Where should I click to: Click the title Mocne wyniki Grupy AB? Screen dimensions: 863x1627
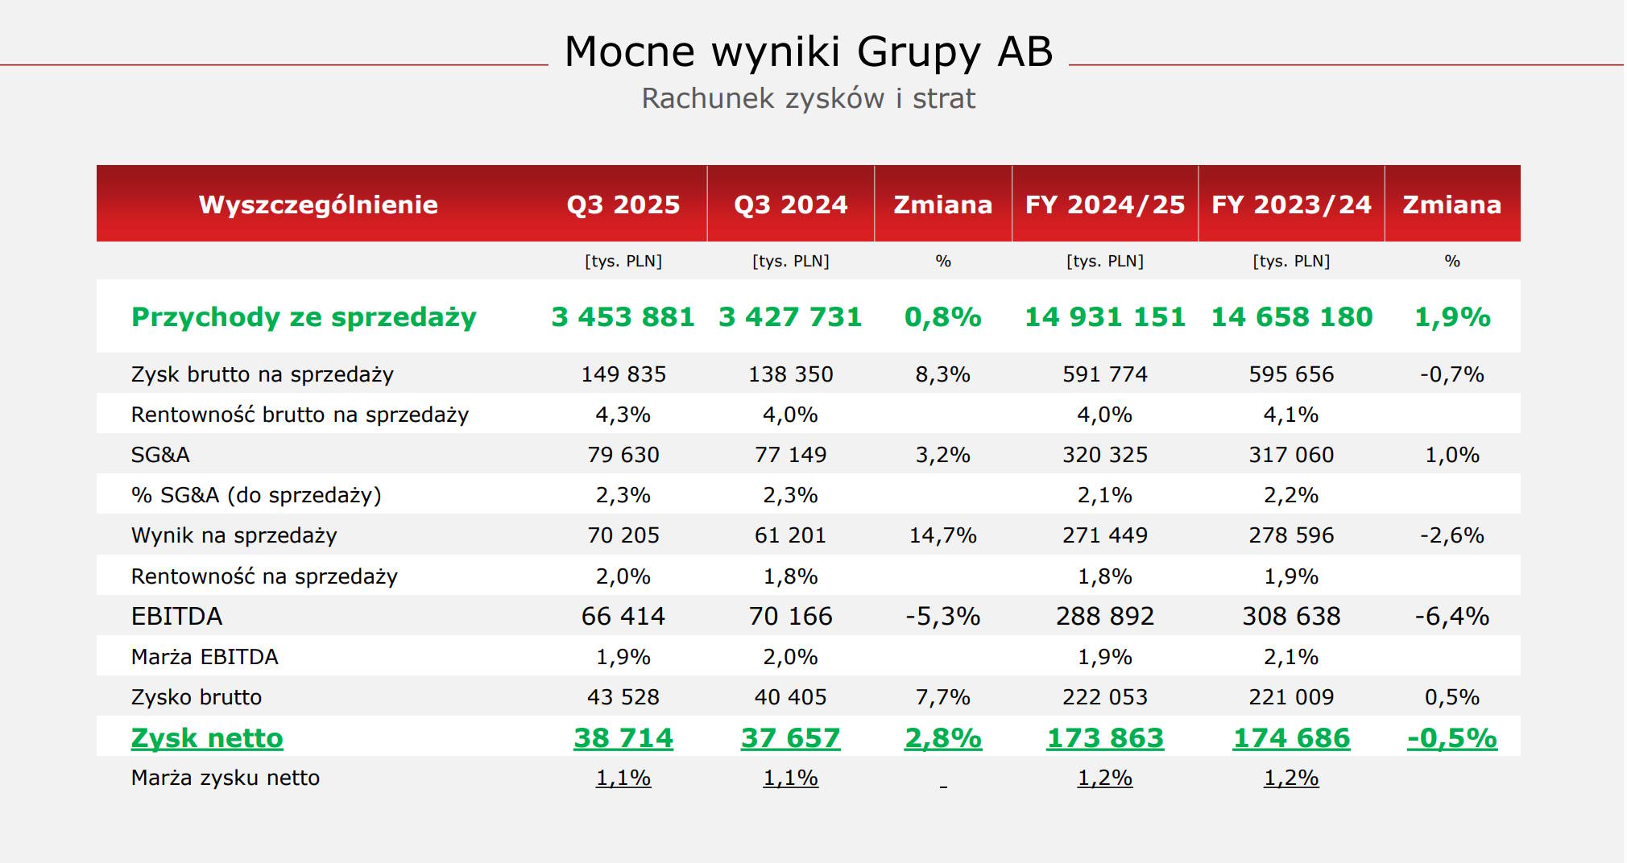(x=809, y=52)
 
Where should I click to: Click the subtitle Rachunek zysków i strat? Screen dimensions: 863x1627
(x=808, y=98)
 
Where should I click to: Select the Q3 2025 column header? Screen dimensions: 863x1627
(x=623, y=204)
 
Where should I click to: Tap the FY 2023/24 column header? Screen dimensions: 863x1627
(x=1291, y=204)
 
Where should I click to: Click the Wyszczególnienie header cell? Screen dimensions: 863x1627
(x=318, y=204)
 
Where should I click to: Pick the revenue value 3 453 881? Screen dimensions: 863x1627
(x=623, y=316)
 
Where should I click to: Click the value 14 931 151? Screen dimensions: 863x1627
(x=1104, y=316)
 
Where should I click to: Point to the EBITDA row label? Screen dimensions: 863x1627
(x=176, y=616)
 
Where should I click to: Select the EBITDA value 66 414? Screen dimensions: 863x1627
(x=623, y=616)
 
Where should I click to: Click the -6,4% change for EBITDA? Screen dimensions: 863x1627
(x=1451, y=616)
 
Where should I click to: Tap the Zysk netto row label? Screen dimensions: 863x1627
(x=207, y=737)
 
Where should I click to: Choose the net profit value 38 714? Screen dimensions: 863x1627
(x=623, y=737)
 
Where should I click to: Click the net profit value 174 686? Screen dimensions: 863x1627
(x=1291, y=737)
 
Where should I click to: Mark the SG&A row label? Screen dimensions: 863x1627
(x=160, y=455)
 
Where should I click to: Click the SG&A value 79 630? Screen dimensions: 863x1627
(x=623, y=455)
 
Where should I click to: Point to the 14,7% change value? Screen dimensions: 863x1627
(x=942, y=535)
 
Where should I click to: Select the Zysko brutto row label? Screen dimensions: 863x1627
(x=197, y=697)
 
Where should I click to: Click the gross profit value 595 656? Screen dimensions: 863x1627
(x=1291, y=374)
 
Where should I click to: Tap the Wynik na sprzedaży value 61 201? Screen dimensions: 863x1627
(x=790, y=535)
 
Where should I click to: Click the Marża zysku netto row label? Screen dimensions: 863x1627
(x=226, y=778)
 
